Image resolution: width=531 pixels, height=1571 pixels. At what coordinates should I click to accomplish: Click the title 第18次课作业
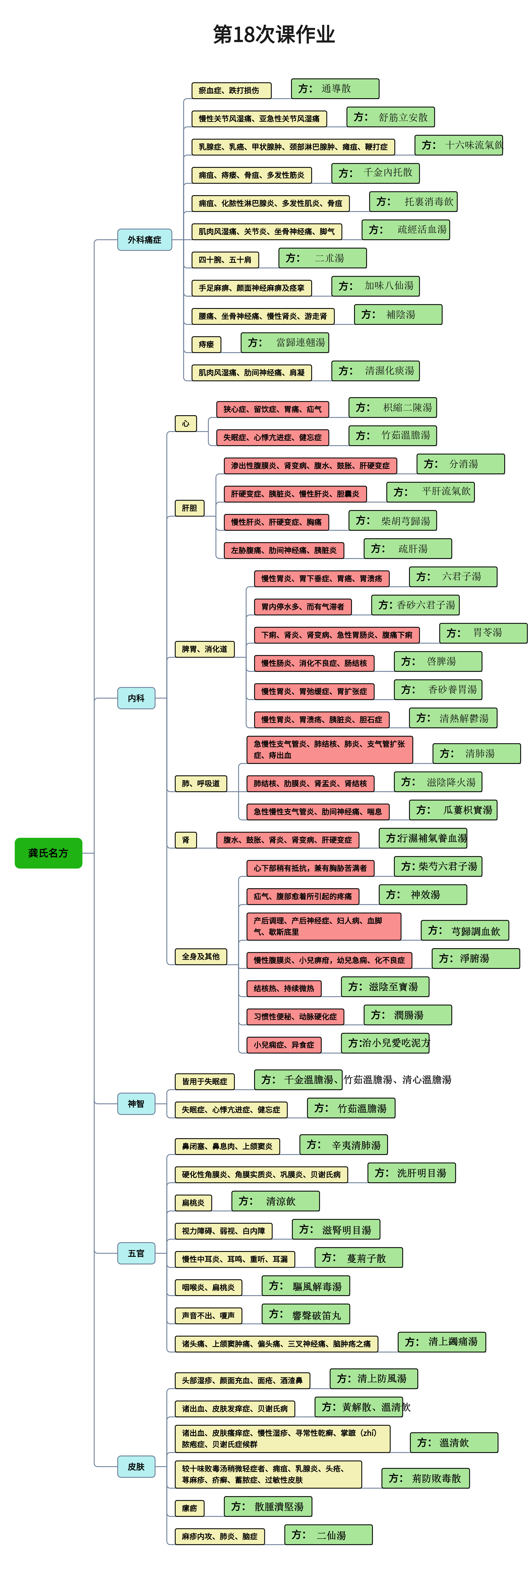[x=274, y=34]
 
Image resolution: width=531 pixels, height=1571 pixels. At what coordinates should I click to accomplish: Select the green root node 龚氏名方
[x=48, y=853]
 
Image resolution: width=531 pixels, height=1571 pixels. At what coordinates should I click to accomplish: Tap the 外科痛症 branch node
[x=144, y=240]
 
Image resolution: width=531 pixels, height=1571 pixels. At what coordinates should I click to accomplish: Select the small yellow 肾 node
[x=186, y=840]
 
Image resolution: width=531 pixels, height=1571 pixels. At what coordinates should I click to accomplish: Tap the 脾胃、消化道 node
[x=204, y=649]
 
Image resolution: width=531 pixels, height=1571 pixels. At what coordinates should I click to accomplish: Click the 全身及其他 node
[x=200, y=956]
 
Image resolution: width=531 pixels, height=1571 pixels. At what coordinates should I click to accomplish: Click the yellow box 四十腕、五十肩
[x=225, y=260]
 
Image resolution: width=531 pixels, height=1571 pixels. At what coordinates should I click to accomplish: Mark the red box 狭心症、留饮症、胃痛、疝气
[x=273, y=409]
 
